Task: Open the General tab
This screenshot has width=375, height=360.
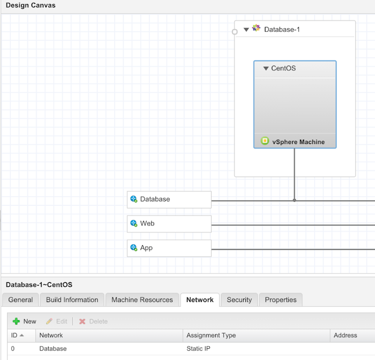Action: point(21,300)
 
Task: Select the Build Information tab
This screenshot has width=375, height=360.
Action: point(72,300)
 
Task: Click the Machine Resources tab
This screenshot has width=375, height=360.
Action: point(142,300)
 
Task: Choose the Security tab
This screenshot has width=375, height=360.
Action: point(239,300)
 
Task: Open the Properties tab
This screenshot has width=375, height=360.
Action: point(281,300)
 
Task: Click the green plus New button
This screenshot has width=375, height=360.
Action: point(25,321)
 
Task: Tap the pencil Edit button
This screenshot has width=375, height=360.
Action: point(57,321)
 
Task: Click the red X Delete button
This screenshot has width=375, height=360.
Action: point(93,321)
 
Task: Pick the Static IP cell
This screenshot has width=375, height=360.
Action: point(198,348)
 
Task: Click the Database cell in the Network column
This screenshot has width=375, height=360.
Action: point(53,348)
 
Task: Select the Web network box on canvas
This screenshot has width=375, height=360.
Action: point(169,224)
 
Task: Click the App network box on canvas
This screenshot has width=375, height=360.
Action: point(169,248)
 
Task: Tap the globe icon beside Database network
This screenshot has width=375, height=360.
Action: point(134,199)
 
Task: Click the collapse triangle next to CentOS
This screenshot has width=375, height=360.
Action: point(265,68)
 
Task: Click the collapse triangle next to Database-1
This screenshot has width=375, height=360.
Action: point(246,30)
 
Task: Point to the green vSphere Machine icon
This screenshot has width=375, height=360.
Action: point(265,140)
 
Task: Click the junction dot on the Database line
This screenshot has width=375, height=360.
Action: point(294,200)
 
